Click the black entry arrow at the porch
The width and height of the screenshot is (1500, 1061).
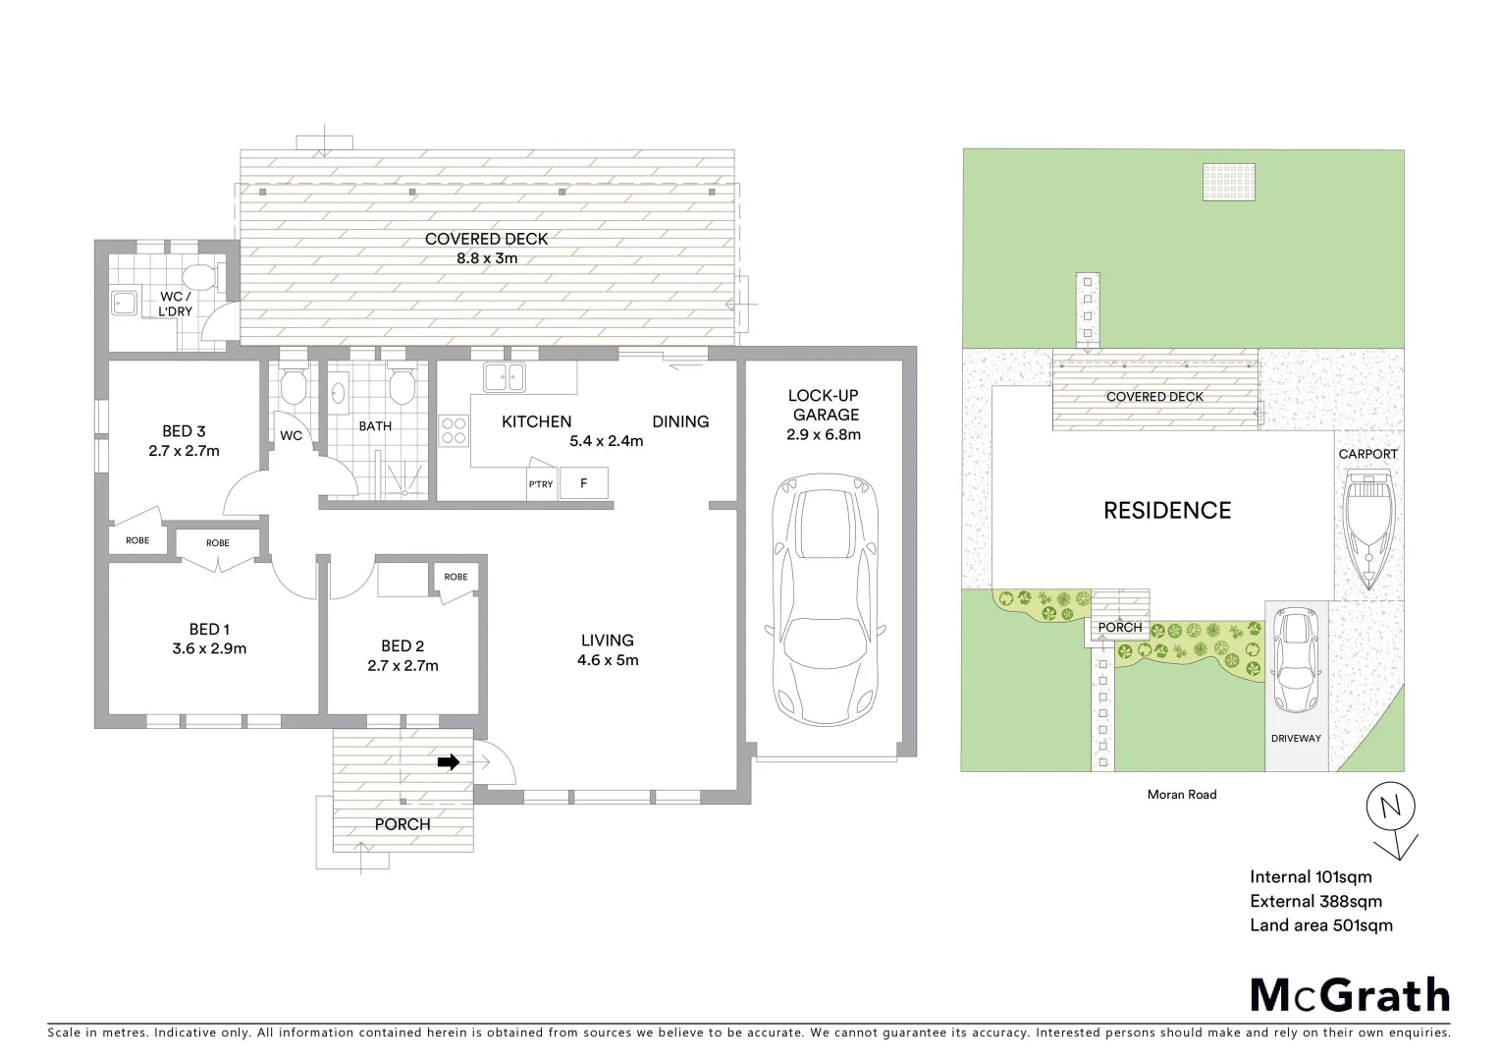click(x=449, y=762)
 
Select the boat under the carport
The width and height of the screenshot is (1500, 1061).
click(x=1367, y=528)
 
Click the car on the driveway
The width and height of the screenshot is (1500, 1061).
click(x=1295, y=660)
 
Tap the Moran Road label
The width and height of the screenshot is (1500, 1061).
click(x=1181, y=795)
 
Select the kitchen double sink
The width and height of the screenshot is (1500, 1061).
click(x=505, y=376)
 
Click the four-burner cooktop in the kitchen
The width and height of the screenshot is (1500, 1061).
click(x=454, y=431)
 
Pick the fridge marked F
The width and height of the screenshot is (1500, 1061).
click(x=584, y=483)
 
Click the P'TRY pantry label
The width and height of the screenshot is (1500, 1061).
click(x=541, y=484)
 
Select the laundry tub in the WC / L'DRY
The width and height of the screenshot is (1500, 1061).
click(x=125, y=304)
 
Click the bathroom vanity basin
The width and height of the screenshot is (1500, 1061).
click(x=339, y=393)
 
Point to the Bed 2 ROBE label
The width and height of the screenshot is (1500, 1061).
click(x=455, y=577)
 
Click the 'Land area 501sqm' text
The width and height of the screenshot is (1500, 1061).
click(x=1320, y=924)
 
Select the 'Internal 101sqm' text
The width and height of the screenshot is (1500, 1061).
click(x=1311, y=877)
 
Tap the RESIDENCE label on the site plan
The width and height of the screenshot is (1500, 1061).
click(x=1166, y=510)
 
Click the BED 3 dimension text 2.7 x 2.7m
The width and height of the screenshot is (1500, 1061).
click(x=184, y=451)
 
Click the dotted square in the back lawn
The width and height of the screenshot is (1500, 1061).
click(x=1229, y=182)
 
